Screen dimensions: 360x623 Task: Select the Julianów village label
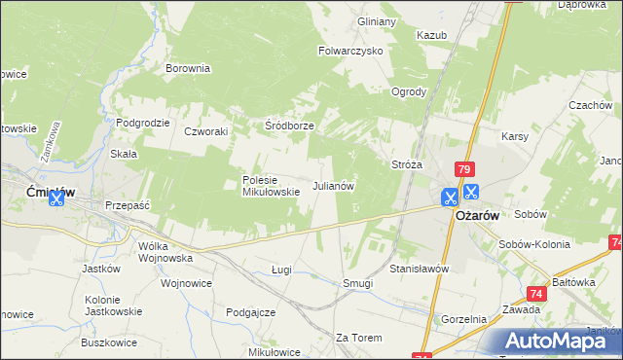tap(332, 185)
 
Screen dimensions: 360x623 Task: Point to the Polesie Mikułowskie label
tap(271, 186)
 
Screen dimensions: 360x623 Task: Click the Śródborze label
tap(290, 126)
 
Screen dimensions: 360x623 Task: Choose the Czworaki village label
tap(205, 131)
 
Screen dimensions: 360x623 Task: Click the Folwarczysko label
tap(351, 50)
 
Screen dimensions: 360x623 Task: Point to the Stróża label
tap(406, 164)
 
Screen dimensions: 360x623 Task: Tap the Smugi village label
tap(357, 283)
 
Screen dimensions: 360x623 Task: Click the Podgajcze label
tap(250, 312)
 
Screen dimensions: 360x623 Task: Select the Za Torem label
tap(355, 338)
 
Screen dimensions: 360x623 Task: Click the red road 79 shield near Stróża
tap(463, 169)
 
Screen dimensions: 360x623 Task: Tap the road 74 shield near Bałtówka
tap(536, 292)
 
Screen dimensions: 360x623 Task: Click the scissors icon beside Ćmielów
tap(55, 198)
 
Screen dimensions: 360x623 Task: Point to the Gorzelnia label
tap(463, 319)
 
